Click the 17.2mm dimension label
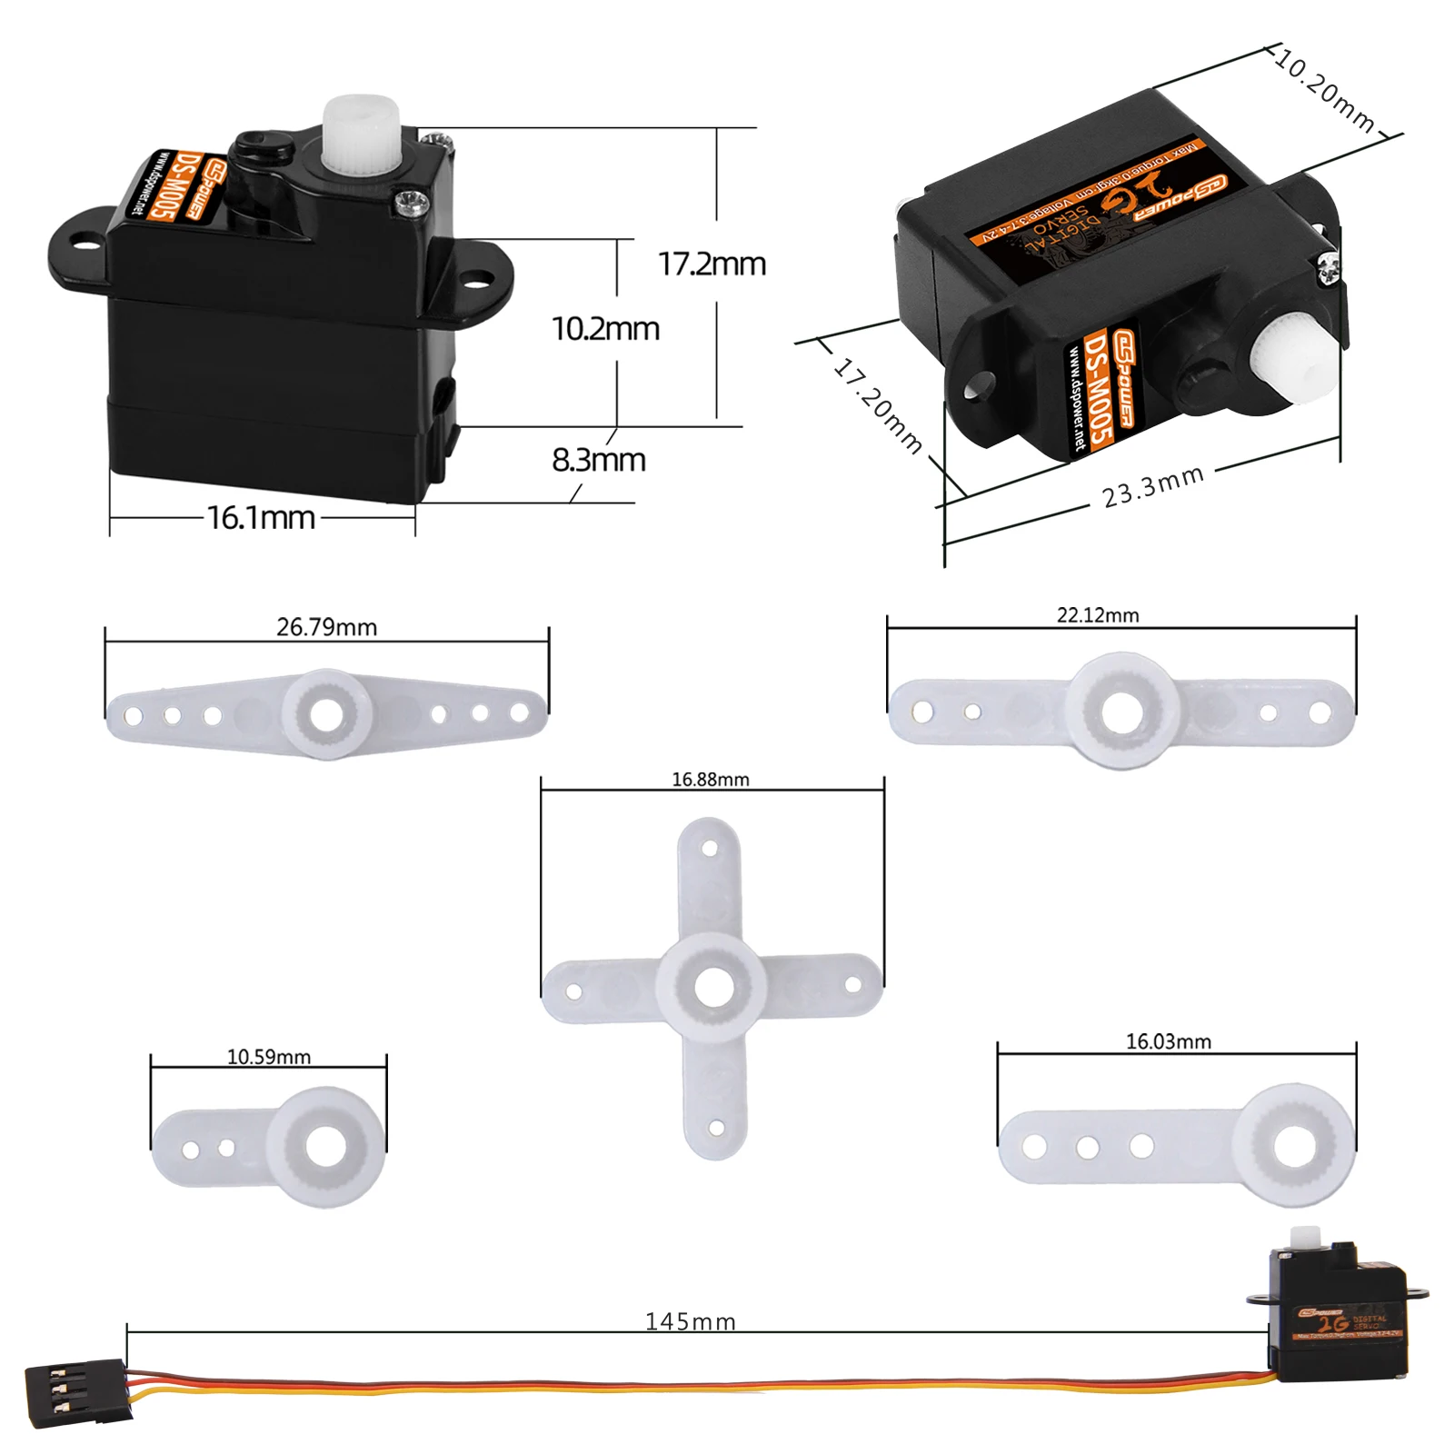click(x=712, y=264)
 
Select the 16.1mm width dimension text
click(x=261, y=518)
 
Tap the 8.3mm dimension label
click(x=598, y=460)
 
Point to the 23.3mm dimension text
click(x=1152, y=487)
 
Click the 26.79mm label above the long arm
click(x=326, y=627)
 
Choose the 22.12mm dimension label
click(x=1097, y=615)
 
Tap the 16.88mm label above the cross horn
click(x=710, y=779)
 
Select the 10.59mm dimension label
click(x=268, y=1057)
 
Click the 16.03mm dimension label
click(x=1168, y=1041)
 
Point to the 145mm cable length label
click(x=690, y=1321)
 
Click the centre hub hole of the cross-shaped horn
click(x=713, y=987)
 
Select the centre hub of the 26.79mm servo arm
click(x=326, y=714)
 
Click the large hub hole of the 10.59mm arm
click(x=325, y=1147)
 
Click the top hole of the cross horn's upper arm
click(x=710, y=848)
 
